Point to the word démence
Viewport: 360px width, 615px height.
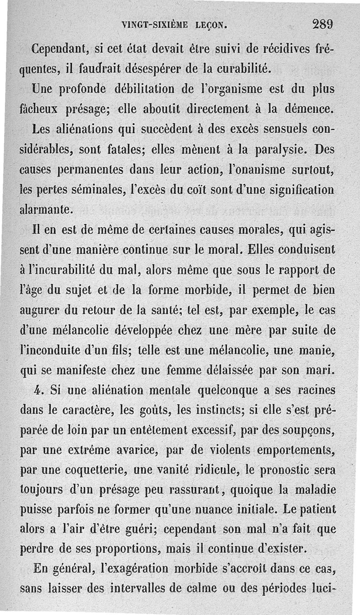click(310, 108)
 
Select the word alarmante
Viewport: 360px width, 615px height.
click(46, 210)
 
